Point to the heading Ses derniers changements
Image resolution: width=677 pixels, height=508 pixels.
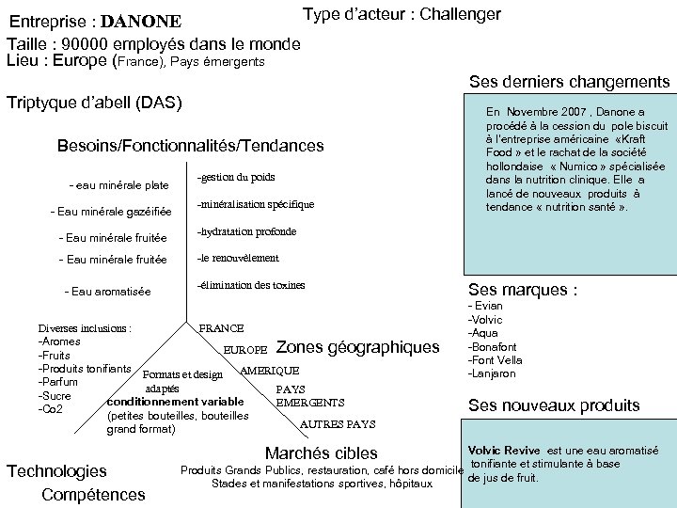tap(569, 83)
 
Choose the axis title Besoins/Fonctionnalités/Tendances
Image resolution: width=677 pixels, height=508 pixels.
tap(190, 146)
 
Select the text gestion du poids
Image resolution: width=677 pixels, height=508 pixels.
tap(236, 177)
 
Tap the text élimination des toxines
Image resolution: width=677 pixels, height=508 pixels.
tap(251, 285)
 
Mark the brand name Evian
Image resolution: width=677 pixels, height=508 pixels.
tap(488, 306)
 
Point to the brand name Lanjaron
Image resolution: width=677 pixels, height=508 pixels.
tap(495, 373)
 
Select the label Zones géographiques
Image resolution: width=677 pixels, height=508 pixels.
tap(358, 348)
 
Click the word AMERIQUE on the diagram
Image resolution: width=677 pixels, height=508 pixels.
tap(270, 371)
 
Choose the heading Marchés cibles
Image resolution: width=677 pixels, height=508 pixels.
tap(322, 453)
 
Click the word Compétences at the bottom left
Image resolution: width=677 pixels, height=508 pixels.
tap(94, 495)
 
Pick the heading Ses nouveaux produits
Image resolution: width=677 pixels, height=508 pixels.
tap(554, 406)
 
